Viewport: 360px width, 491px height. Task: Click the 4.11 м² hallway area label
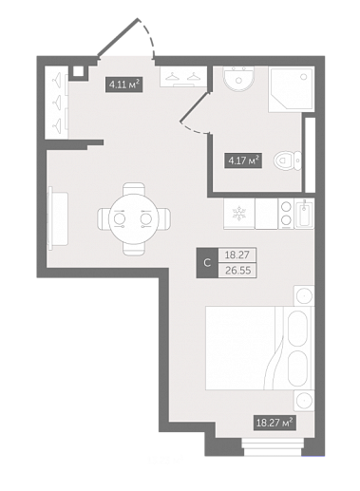pyautogui.click(x=123, y=85)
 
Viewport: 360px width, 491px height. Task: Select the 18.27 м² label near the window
pyautogui.click(x=275, y=423)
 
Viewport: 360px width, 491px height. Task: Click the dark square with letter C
pyautogui.click(x=207, y=263)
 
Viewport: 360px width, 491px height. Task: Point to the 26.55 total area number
pyautogui.click(x=237, y=271)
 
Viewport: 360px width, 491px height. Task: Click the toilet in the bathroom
pyautogui.click(x=288, y=161)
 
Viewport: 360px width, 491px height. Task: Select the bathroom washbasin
pyautogui.click(x=238, y=79)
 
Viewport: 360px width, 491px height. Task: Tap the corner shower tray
pyautogui.click(x=292, y=89)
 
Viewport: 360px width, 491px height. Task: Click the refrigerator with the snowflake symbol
pyautogui.click(x=239, y=213)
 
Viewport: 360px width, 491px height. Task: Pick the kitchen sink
pyautogui.click(x=304, y=213)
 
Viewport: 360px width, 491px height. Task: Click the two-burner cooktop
pyautogui.click(x=286, y=213)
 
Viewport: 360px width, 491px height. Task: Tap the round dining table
pyautogui.click(x=132, y=219)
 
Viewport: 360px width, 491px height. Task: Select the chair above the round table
pyautogui.click(x=134, y=189)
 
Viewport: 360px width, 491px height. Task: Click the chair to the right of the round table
pyautogui.click(x=163, y=219)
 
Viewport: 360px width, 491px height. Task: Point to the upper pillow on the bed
pyautogui.click(x=298, y=329)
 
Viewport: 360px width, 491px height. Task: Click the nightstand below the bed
pyautogui.click(x=304, y=401)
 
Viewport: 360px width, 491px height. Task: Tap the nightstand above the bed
pyautogui.click(x=304, y=295)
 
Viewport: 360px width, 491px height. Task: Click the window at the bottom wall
pyautogui.click(x=272, y=446)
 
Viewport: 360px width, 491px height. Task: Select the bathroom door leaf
pyautogui.click(x=194, y=106)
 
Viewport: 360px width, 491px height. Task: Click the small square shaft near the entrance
pyautogui.click(x=78, y=71)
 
